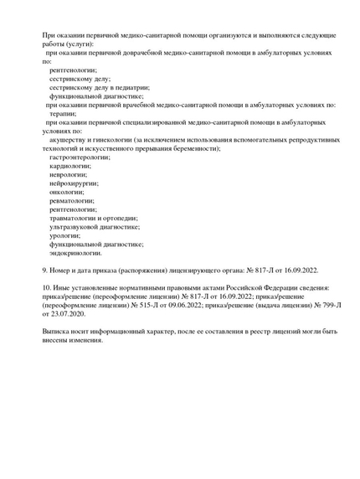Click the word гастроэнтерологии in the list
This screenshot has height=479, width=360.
coord(80,157)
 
